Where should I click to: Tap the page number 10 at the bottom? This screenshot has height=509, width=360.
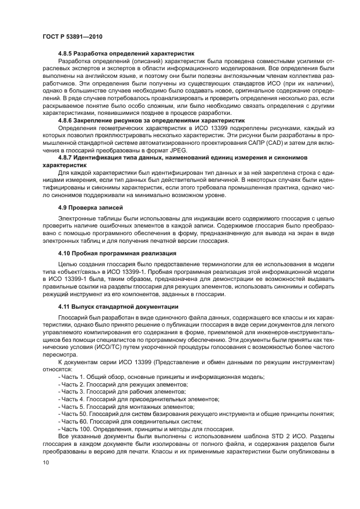[x=45, y=462]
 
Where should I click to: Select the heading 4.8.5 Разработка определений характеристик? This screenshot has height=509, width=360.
[x=126, y=55]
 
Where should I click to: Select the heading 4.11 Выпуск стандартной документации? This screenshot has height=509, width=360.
[x=115, y=306]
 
